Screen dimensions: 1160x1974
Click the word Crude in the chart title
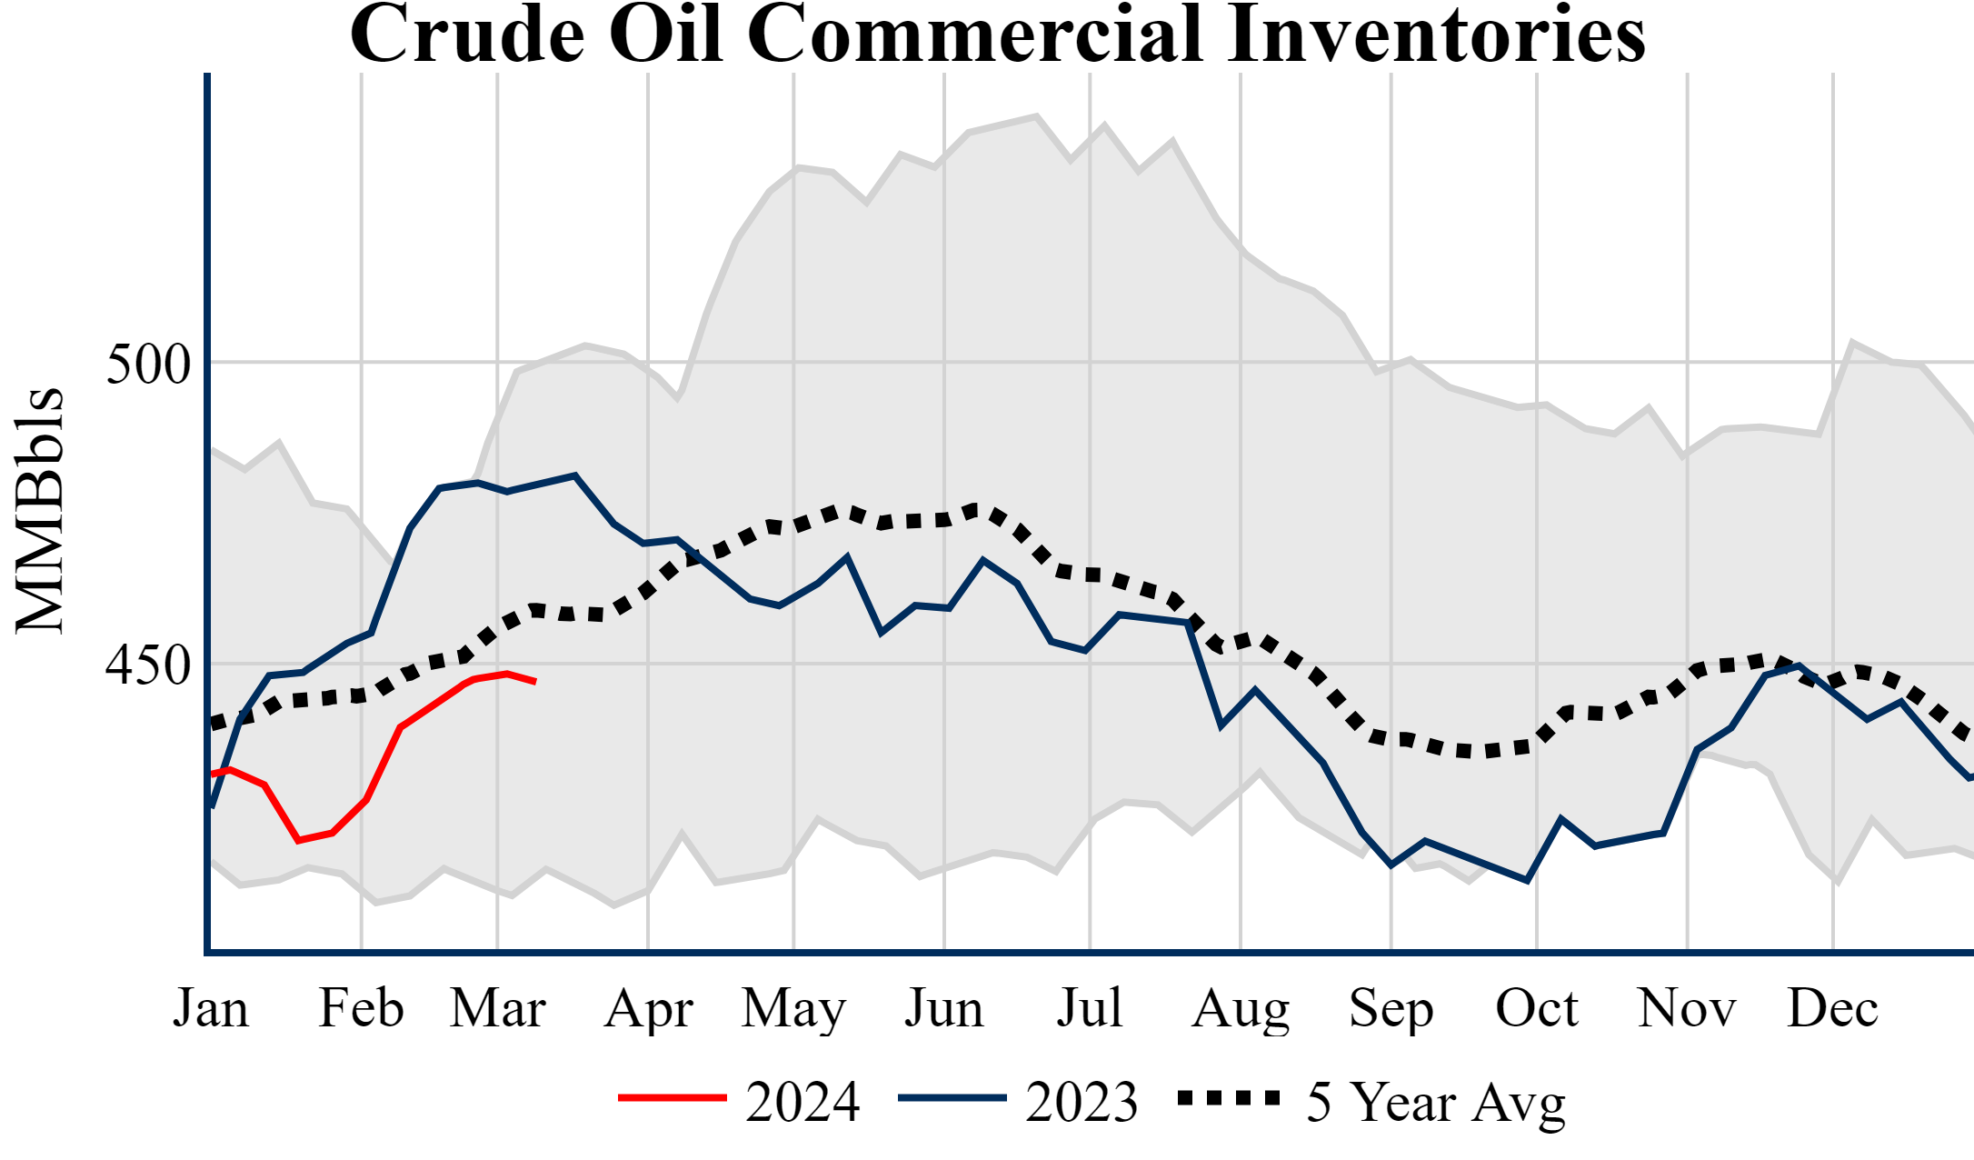tap(466, 35)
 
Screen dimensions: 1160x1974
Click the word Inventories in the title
tap(1435, 35)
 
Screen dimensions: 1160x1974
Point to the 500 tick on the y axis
tap(148, 365)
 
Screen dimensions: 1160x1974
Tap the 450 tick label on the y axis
tap(148, 665)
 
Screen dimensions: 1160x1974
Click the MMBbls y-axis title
tap(40, 510)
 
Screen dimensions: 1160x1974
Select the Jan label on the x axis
tap(211, 1008)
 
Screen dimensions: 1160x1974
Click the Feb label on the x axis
tap(361, 1008)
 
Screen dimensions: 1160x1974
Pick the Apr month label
tap(648, 1008)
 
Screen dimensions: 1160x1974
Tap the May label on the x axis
tap(793, 1008)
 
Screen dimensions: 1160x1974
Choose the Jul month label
tap(1089, 1008)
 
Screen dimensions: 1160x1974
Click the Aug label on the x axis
tap(1241, 1008)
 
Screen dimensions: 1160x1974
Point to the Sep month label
tap(1391, 1008)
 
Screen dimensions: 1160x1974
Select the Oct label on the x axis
tap(1537, 1008)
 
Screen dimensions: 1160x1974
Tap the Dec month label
tap(1832, 1008)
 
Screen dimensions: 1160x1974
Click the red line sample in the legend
tap(672, 1098)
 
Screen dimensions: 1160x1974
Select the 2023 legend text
tap(1082, 1102)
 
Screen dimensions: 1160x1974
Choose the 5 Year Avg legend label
tap(1435, 1102)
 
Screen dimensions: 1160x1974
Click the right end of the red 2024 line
tap(535, 682)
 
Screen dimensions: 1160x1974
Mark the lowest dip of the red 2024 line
tap(298, 841)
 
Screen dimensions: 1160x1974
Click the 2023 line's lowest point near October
tap(1527, 880)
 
